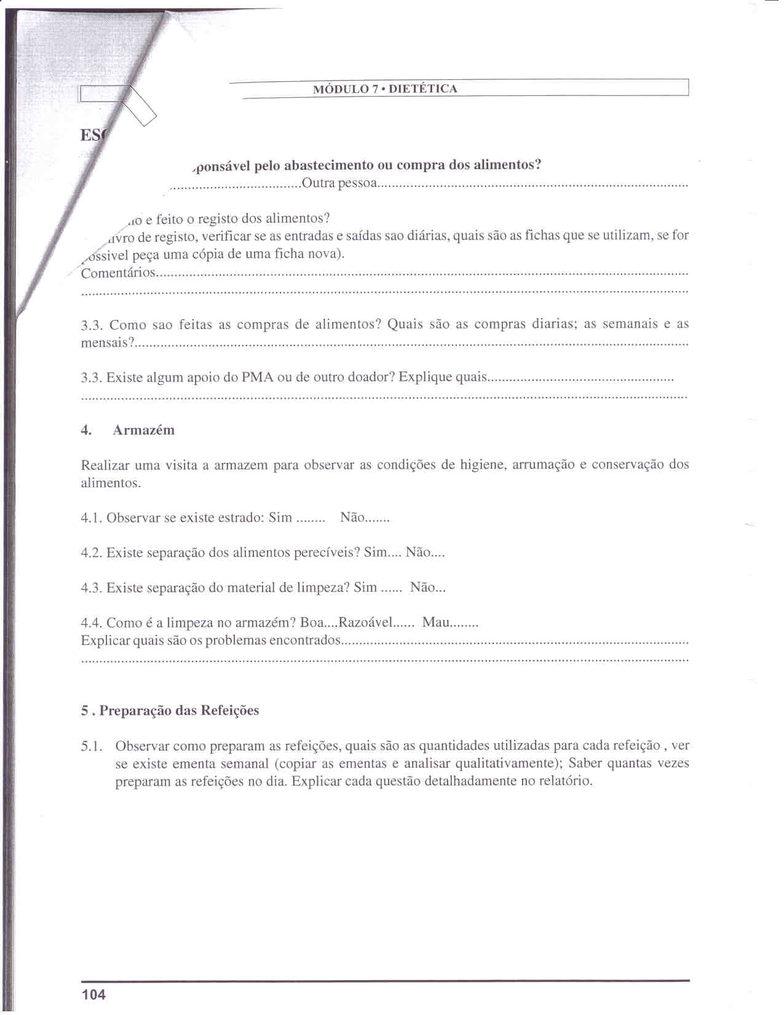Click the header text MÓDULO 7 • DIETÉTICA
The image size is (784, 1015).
point(385,89)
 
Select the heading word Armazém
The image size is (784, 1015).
point(143,431)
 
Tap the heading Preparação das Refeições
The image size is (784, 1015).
point(179,710)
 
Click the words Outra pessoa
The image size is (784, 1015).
point(339,183)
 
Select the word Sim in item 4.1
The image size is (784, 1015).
point(280,518)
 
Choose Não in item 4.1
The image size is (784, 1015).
point(352,518)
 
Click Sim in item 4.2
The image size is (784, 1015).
point(375,553)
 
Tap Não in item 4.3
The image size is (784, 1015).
point(422,588)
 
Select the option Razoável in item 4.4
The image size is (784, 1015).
point(366,623)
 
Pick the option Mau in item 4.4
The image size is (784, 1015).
point(436,623)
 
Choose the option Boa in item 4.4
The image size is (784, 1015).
point(312,623)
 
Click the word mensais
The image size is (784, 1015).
point(105,343)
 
